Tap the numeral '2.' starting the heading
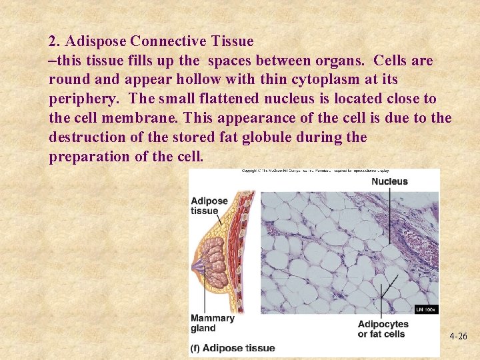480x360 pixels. (55, 41)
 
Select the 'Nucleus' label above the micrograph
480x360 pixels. (389, 181)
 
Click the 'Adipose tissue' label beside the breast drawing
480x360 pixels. (209, 206)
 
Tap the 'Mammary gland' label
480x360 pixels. (212, 323)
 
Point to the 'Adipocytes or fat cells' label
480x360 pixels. (383, 329)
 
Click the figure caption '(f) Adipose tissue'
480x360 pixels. (232, 348)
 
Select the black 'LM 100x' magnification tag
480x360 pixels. (425, 309)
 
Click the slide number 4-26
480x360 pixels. (458, 337)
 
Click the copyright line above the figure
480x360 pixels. (313, 171)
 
